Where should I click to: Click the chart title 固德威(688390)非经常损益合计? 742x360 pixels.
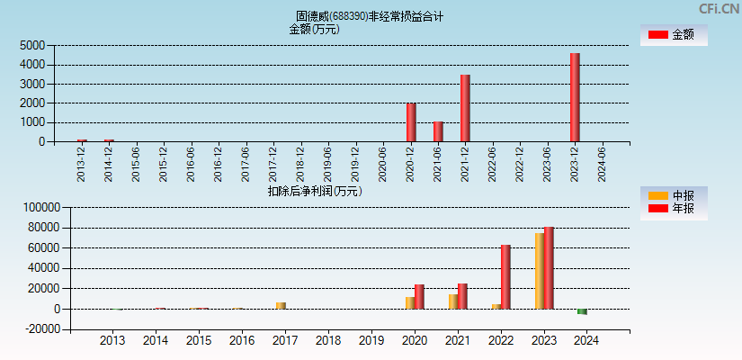(x=370, y=16)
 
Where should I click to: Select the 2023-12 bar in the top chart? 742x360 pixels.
(x=575, y=97)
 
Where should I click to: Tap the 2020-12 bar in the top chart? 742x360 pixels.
(x=411, y=122)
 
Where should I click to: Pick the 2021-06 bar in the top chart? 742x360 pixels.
(x=438, y=131)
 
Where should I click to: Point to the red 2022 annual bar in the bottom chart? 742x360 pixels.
(x=505, y=276)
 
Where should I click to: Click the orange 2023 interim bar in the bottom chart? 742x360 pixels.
(x=540, y=271)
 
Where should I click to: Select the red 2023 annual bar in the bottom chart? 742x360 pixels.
(x=549, y=267)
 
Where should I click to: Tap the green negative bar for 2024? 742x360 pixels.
(x=582, y=311)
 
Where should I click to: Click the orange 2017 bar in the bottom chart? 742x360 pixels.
(x=281, y=305)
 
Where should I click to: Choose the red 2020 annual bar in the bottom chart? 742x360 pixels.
(x=419, y=296)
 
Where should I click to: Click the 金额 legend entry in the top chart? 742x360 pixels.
(x=674, y=35)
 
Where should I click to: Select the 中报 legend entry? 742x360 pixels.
(x=674, y=195)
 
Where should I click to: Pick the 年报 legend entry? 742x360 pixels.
(x=674, y=209)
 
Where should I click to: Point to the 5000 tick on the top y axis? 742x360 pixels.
(x=32, y=45)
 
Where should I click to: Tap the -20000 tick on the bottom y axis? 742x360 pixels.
(x=40, y=329)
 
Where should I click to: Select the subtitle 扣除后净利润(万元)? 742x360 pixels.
(x=314, y=191)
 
